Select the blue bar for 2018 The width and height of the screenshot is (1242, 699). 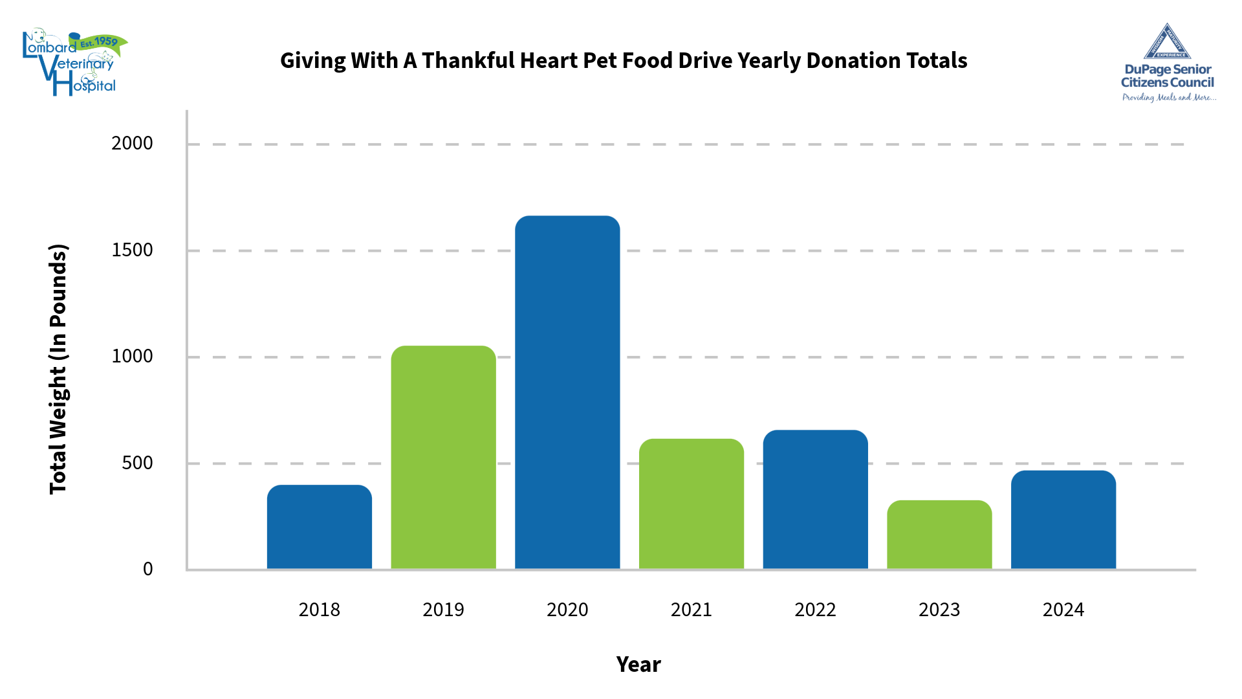[x=319, y=527]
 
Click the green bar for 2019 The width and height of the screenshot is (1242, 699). [x=443, y=457]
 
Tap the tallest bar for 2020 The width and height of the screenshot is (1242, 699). [x=567, y=392]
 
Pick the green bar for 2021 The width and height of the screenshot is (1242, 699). [x=691, y=504]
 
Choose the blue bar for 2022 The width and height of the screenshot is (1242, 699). [x=815, y=499]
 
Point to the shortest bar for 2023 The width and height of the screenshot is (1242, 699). [x=939, y=535]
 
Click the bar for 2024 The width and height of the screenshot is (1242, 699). [x=1063, y=520]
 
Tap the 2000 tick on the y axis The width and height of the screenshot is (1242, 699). [x=132, y=143]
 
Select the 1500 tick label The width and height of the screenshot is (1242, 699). [x=132, y=250]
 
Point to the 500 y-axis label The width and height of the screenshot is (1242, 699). [x=137, y=463]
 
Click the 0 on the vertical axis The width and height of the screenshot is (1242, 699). [x=147, y=569]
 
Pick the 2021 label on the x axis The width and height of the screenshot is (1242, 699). [x=691, y=610]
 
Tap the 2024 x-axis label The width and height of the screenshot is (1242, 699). [x=1063, y=610]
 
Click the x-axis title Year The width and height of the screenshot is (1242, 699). [x=638, y=665]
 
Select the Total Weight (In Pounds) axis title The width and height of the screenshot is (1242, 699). [x=58, y=369]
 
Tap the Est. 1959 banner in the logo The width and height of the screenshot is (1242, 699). [x=98, y=43]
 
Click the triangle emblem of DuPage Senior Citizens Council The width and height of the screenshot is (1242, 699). [x=1167, y=43]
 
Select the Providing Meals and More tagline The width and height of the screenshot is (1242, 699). [x=1168, y=98]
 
